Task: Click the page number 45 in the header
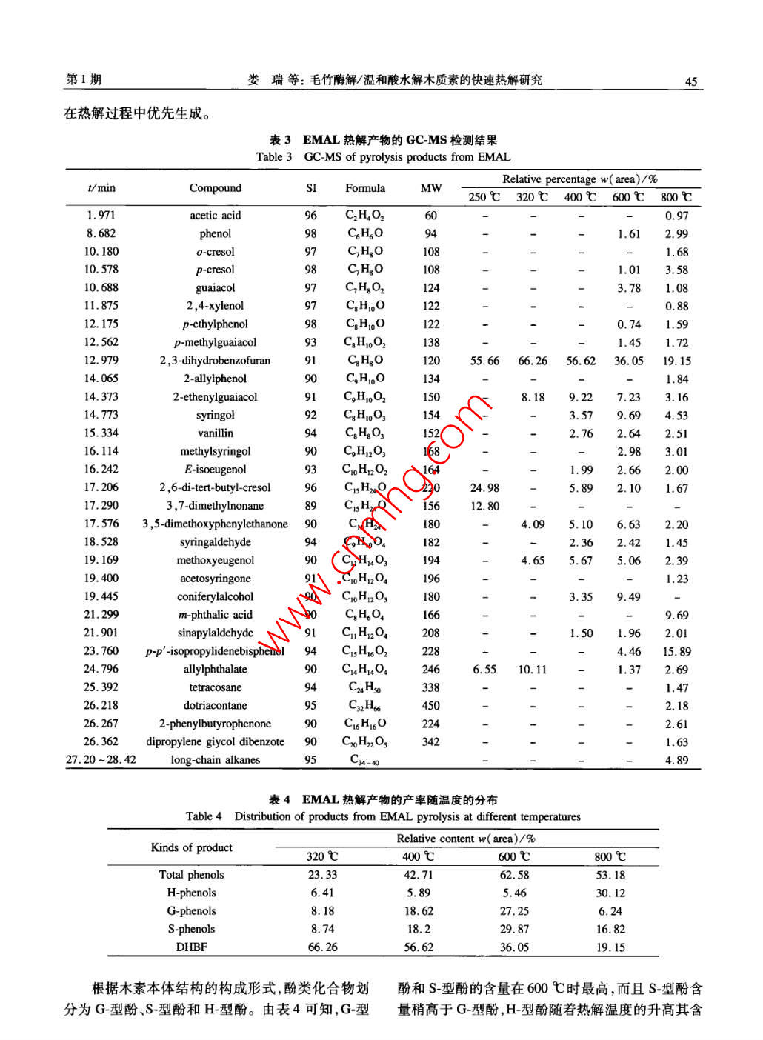point(690,81)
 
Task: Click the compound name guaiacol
point(215,287)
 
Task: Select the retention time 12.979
point(101,360)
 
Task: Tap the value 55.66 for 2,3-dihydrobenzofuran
point(484,361)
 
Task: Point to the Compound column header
point(215,187)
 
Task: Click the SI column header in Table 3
point(311,187)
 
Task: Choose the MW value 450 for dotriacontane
point(430,705)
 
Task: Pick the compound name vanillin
point(215,433)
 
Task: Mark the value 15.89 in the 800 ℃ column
point(676,651)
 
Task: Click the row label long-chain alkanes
point(215,759)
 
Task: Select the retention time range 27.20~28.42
point(101,759)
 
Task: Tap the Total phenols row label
point(191,874)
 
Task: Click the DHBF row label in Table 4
point(191,947)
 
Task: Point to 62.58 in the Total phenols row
point(514,875)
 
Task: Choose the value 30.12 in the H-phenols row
point(610,893)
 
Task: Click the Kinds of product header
point(191,847)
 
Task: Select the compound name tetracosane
point(215,687)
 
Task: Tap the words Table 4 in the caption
point(204,816)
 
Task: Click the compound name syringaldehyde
point(215,542)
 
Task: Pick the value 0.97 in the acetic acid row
point(676,216)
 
